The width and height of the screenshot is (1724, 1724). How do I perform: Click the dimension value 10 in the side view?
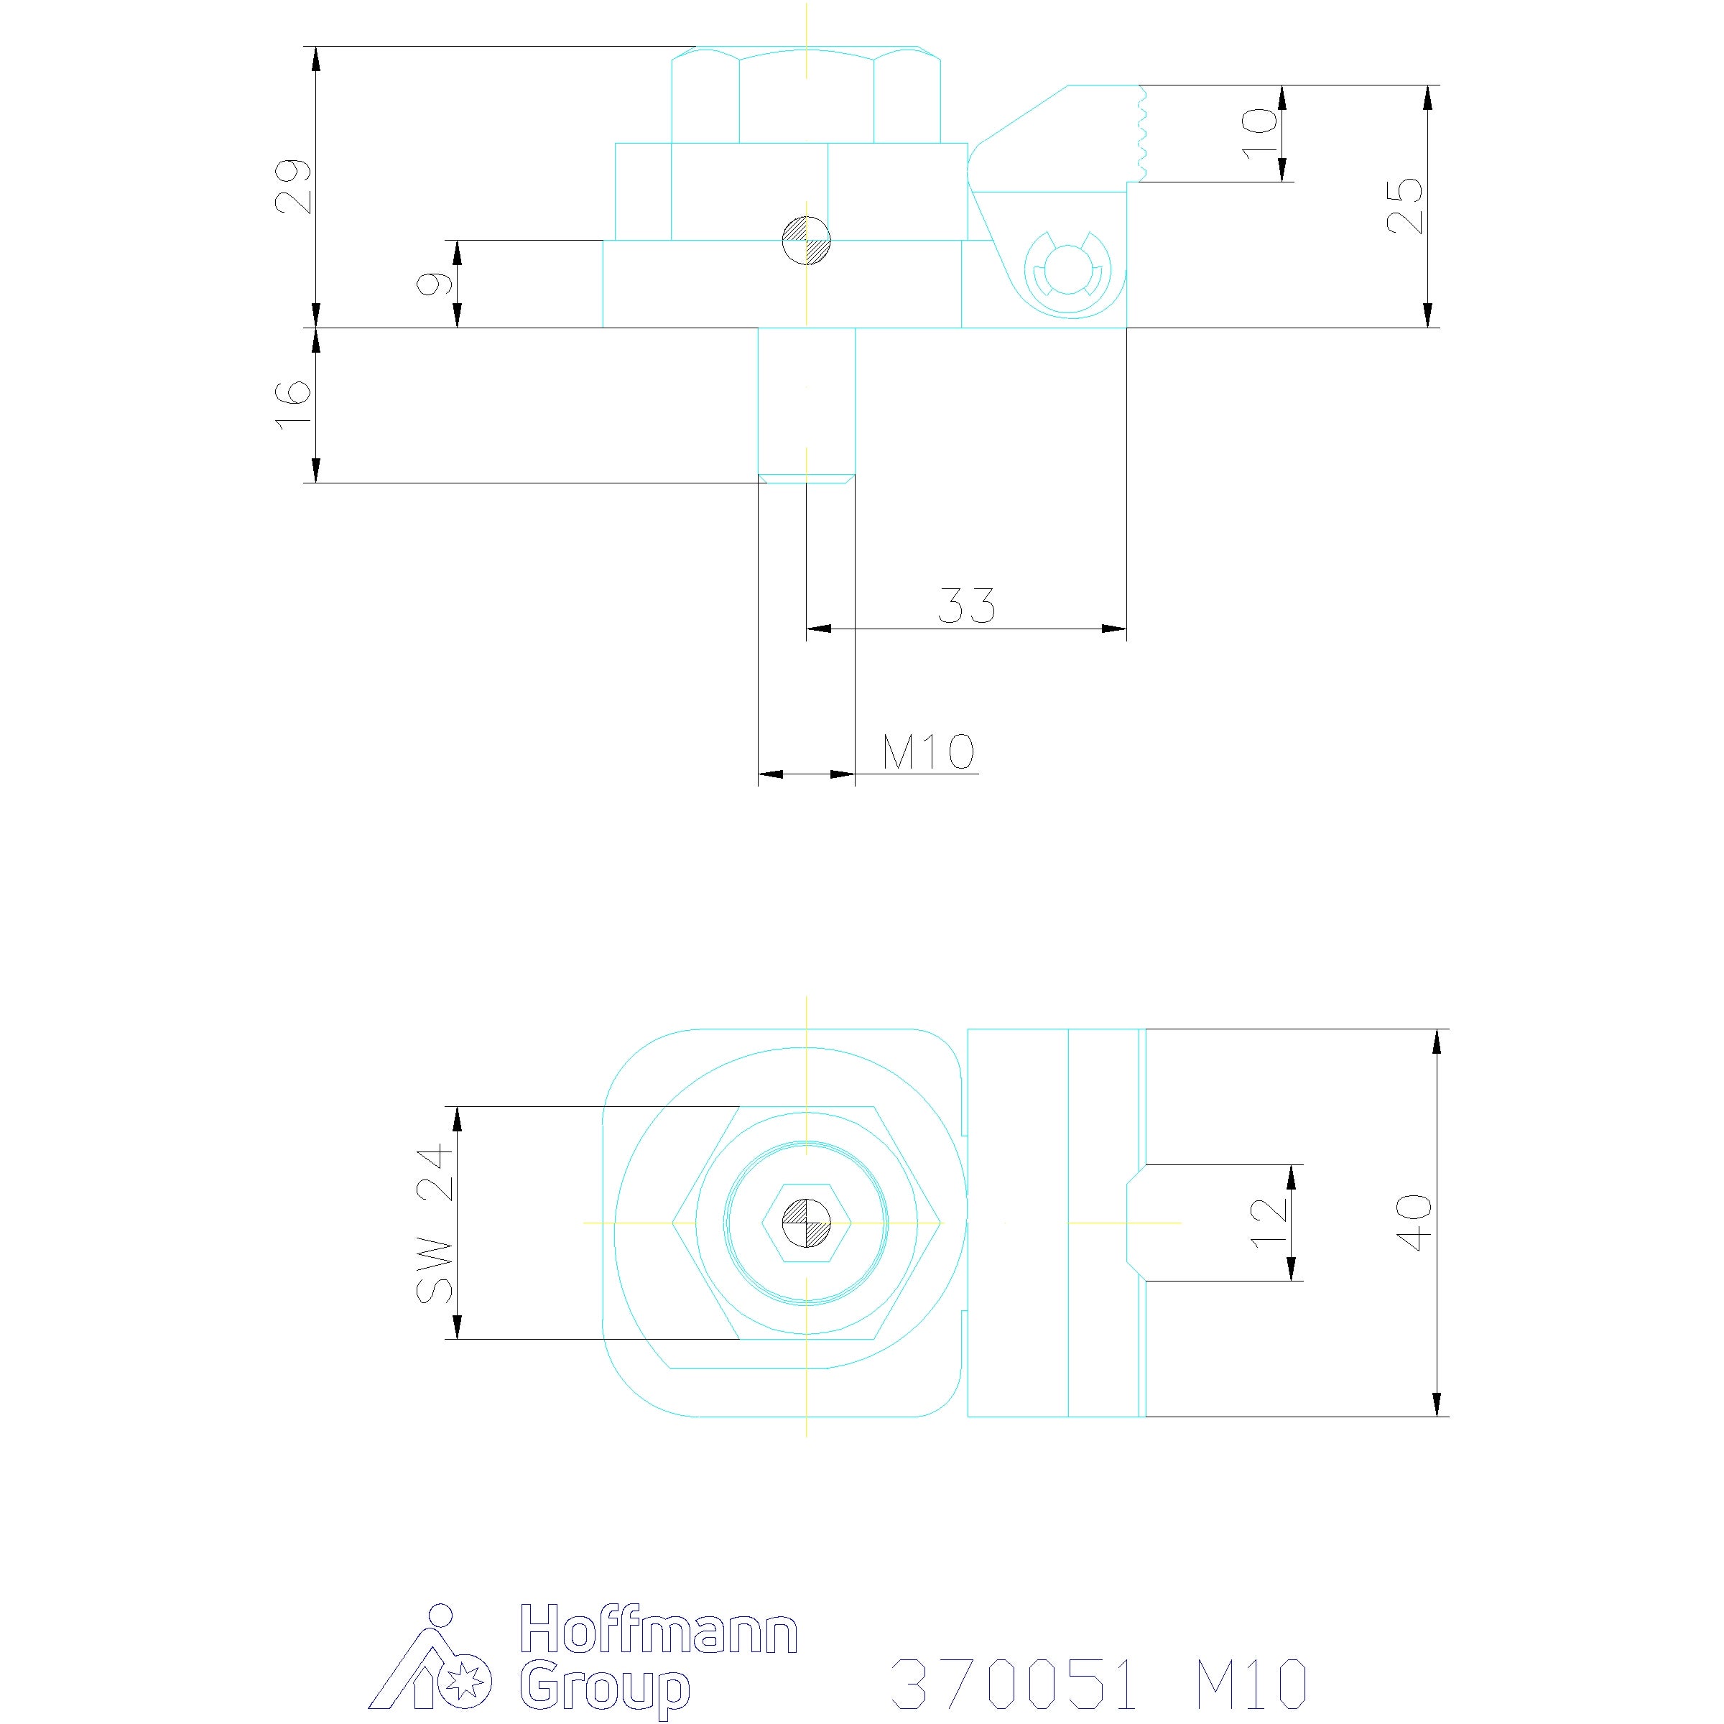coord(1260,133)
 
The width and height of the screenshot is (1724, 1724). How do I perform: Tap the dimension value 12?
coord(1270,1223)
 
